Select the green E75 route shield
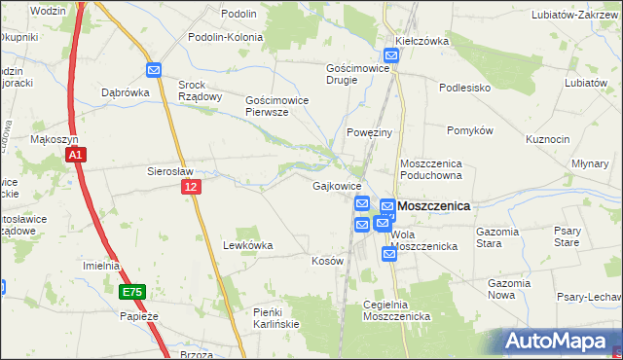[x=133, y=291]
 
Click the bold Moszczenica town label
[x=433, y=206]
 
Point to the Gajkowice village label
[x=338, y=185]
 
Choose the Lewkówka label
[x=247, y=245]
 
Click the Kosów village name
[x=327, y=262]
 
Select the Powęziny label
[x=369, y=131]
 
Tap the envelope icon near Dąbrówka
[x=154, y=69]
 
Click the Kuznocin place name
[x=547, y=139]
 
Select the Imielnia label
[x=101, y=266]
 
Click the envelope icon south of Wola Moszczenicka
[x=389, y=254]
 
